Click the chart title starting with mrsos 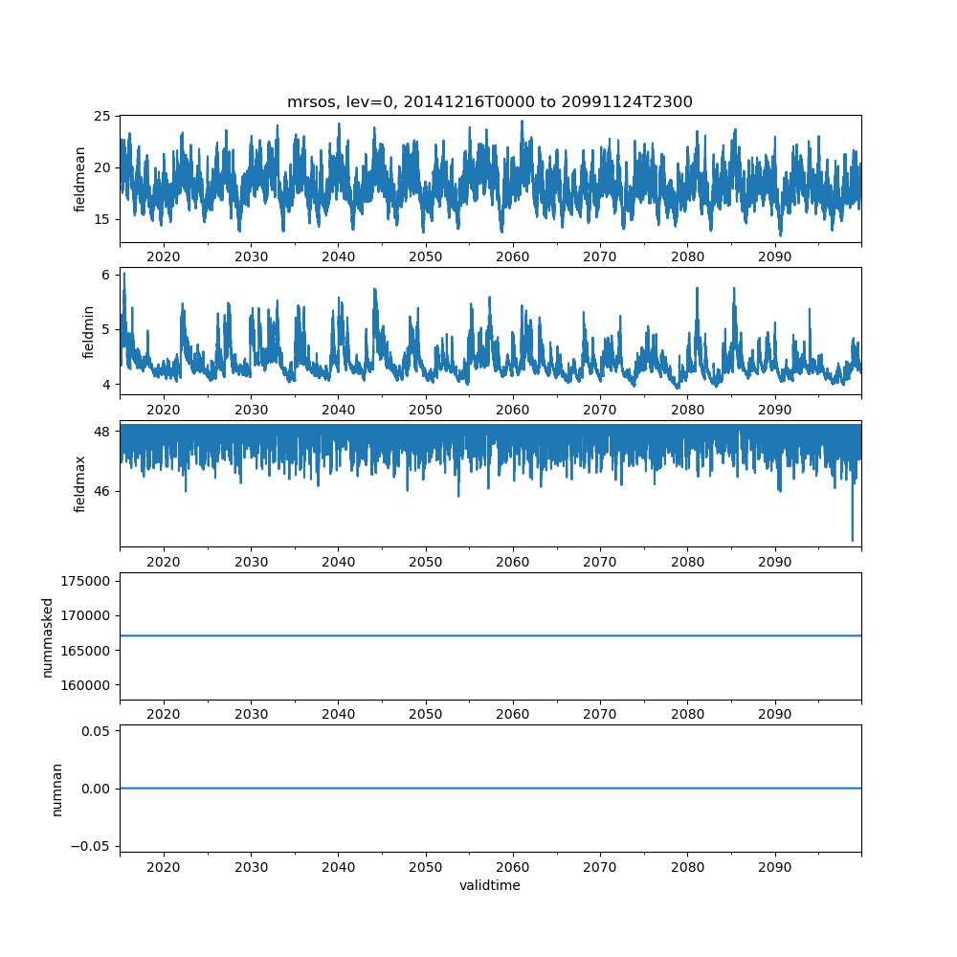(489, 101)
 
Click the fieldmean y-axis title (80, 179)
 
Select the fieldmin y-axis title (88, 331)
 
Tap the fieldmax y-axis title (80, 483)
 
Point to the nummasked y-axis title (47, 637)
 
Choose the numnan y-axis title (56, 789)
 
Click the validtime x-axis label (489, 885)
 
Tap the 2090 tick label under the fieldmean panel (774, 257)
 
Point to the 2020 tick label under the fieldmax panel (164, 562)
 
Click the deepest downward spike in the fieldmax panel (853, 541)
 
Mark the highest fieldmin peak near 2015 (123, 274)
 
